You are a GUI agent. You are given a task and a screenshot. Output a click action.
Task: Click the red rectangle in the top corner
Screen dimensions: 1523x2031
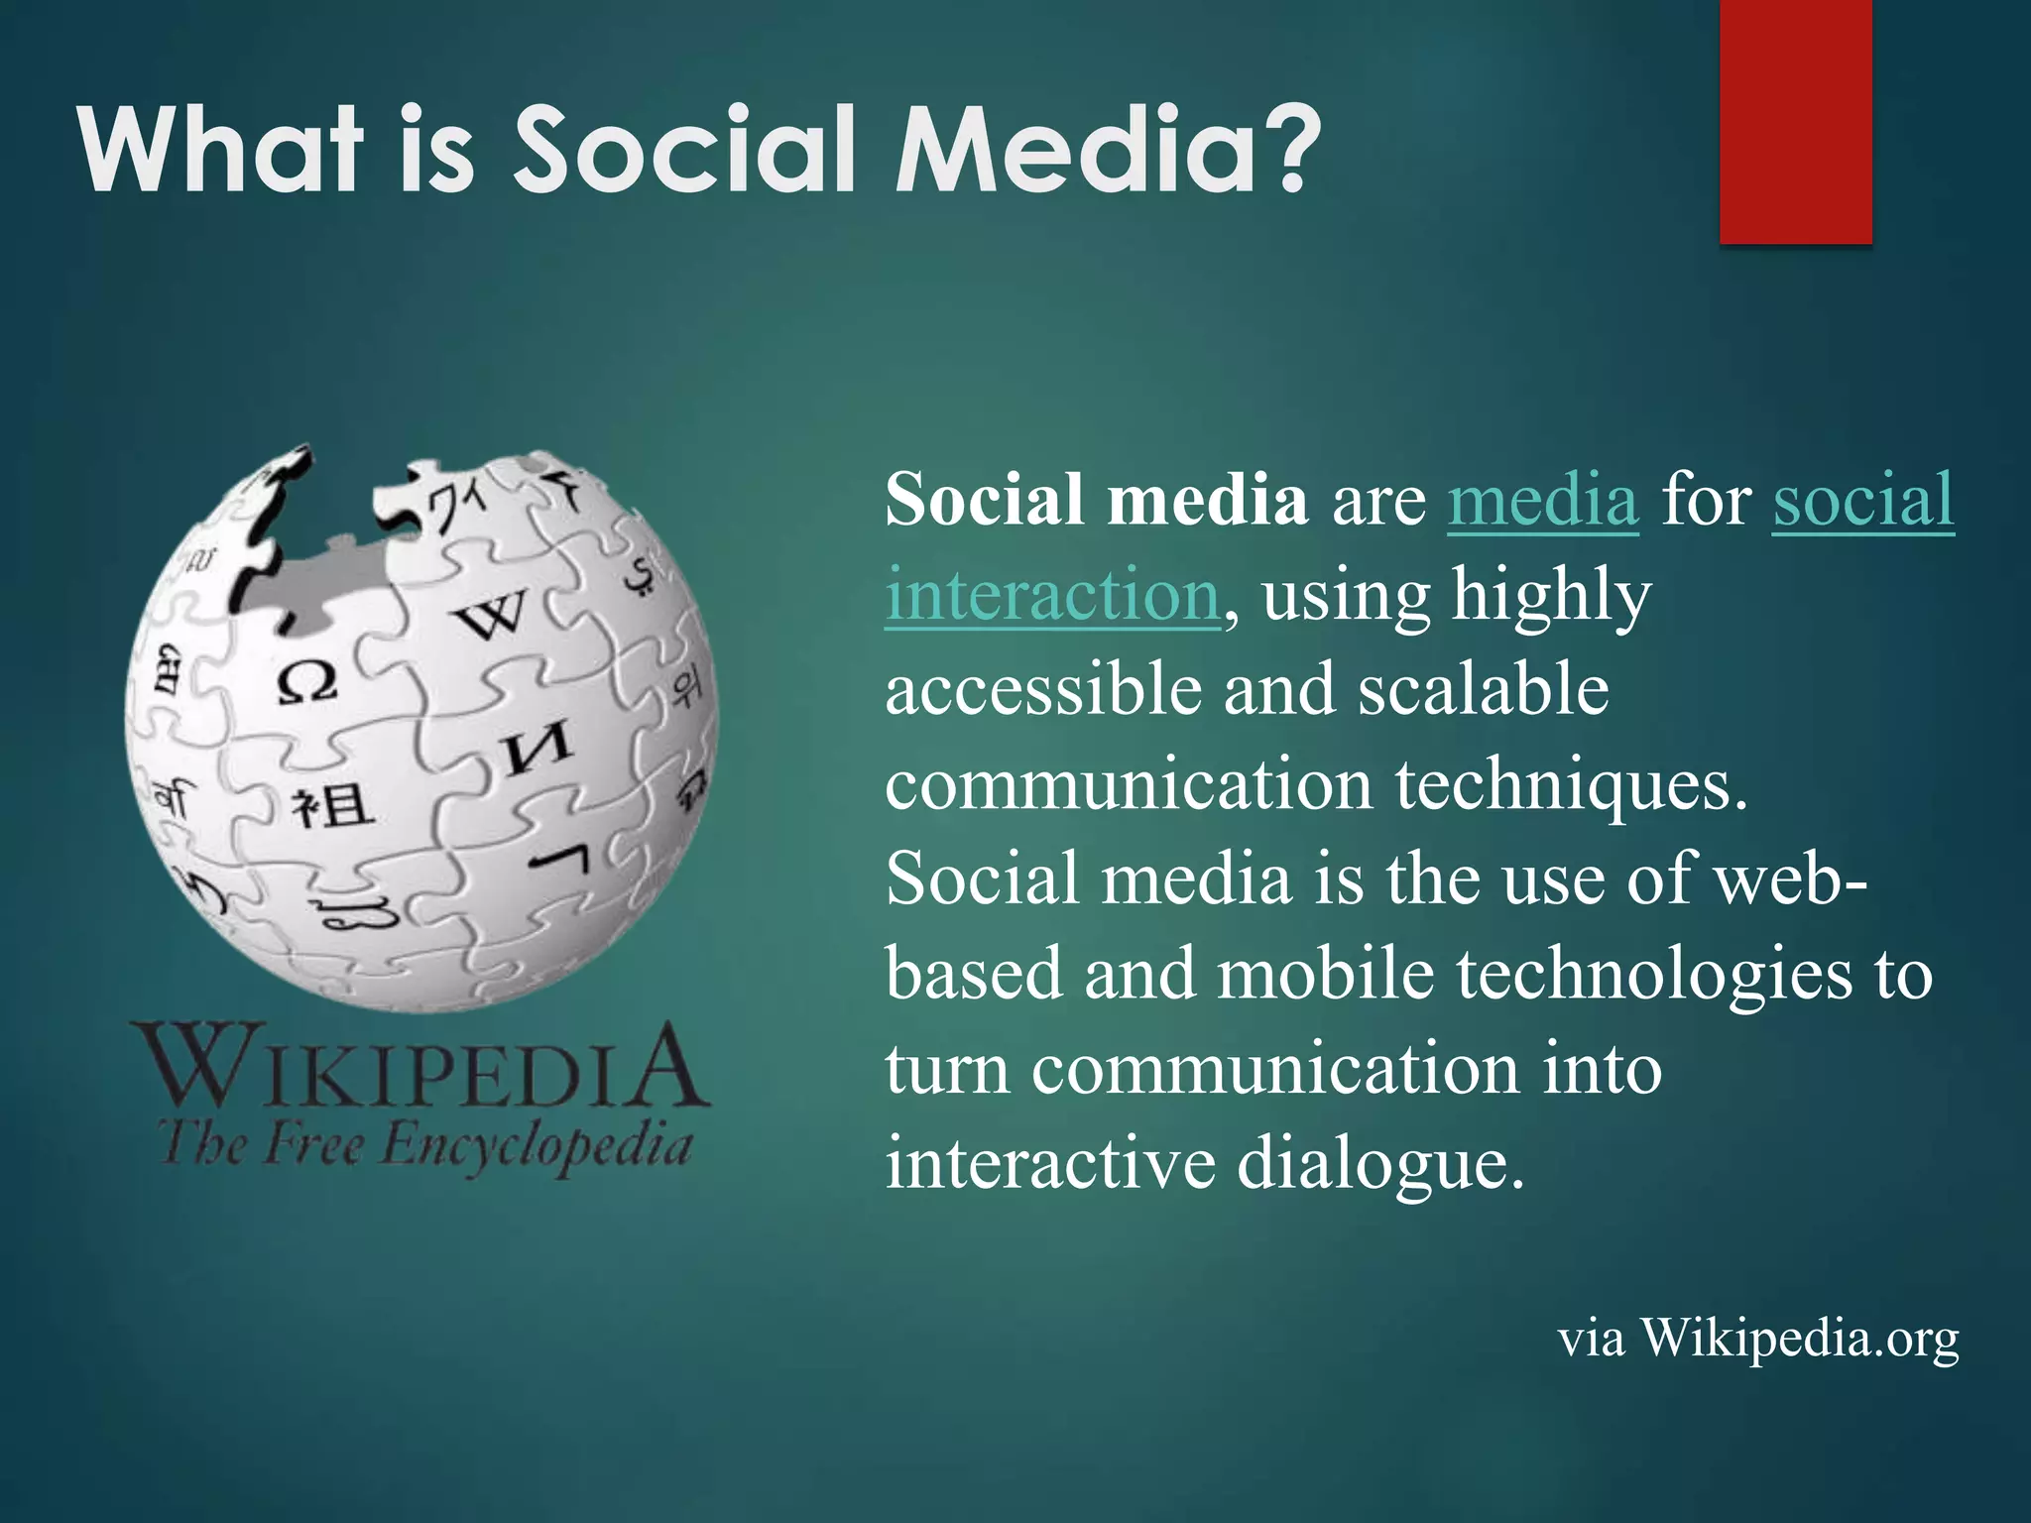point(1795,121)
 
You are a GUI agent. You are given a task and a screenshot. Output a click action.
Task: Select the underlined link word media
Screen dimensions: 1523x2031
point(1542,500)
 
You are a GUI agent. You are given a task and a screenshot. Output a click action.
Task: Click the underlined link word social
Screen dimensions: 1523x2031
point(1862,500)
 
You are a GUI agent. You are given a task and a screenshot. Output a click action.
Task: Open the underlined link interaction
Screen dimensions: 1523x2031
point(1051,595)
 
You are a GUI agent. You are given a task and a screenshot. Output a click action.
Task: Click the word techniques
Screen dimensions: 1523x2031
point(1571,784)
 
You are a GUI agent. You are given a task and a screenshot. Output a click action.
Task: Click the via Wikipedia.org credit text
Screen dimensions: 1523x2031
point(1757,1339)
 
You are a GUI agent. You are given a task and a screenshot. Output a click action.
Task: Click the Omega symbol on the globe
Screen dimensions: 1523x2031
point(306,682)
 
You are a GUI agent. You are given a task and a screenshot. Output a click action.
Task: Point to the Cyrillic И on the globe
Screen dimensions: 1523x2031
point(538,750)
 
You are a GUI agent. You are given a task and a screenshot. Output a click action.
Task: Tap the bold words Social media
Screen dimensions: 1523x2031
point(1096,500)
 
